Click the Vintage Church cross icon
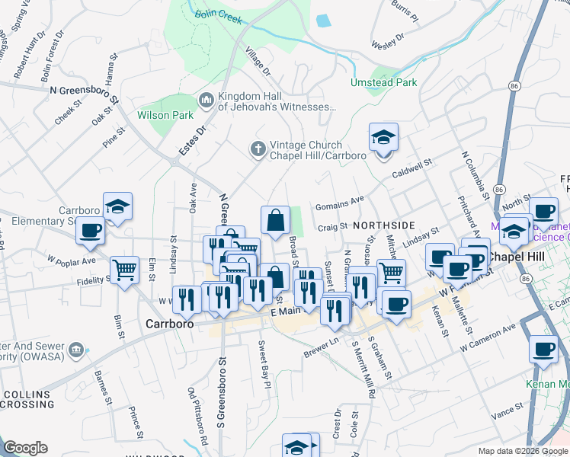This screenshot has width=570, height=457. coord(258,149)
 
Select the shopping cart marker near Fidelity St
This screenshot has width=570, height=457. coord(124,269)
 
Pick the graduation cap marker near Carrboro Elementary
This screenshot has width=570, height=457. coord(117,206)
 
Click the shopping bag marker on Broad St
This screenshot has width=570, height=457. coord(275,221)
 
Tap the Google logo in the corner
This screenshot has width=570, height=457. coord(25,448)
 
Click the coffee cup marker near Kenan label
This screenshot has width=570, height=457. coord(543,349)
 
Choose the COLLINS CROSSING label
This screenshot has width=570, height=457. coord(27,401)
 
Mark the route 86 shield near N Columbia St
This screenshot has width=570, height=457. coord(499,188)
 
